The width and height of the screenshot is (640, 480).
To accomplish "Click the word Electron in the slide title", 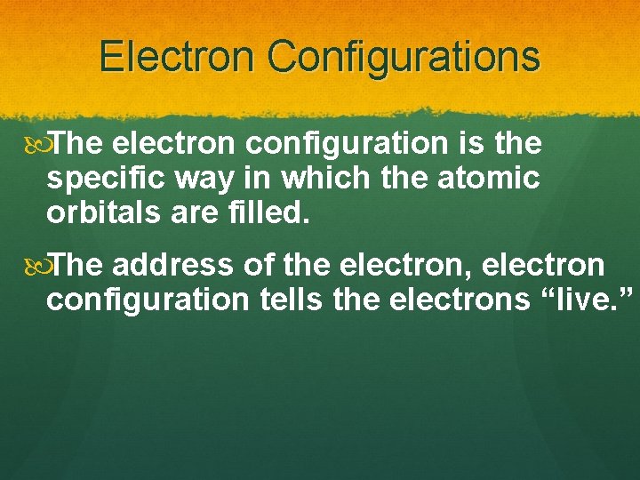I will tap(176, 56).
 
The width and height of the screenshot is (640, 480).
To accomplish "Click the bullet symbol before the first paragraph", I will tap(36, 142).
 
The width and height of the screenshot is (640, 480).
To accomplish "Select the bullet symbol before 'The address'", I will tap(36, 265).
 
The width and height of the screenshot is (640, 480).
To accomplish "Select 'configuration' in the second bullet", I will tap(148, 301).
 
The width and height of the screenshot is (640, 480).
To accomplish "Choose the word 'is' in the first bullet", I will tap(467, 143).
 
